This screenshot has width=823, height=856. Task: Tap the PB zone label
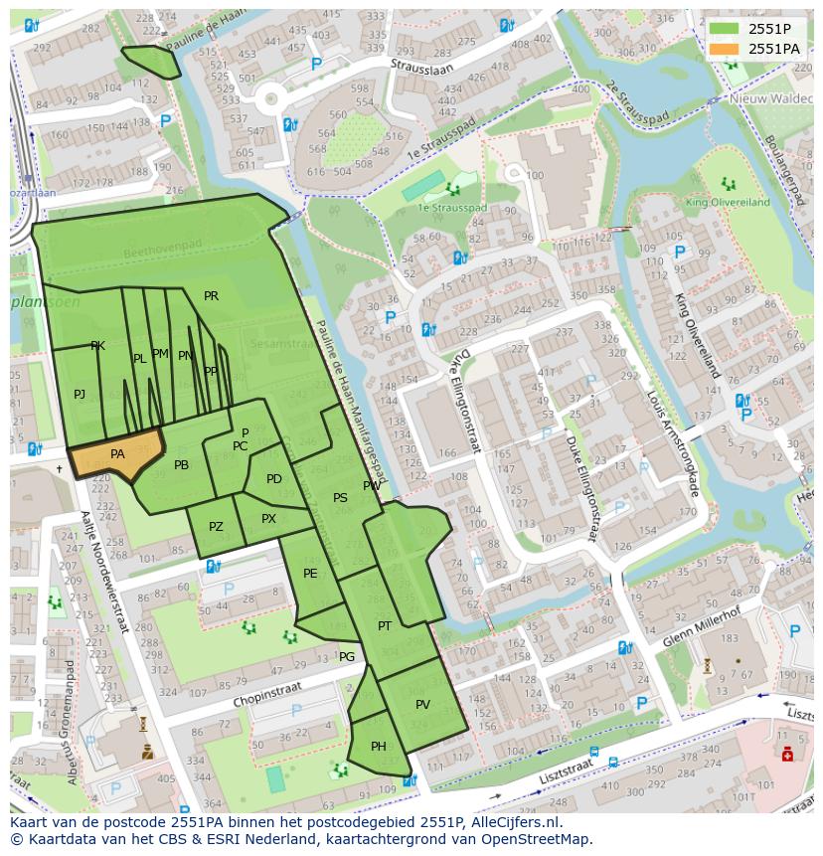[x=181, y=465]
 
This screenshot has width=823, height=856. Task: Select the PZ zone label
[x=216, y=527]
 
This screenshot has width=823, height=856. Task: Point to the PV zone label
[x=422, y=704]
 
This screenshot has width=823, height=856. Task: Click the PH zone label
[x=378, y=746]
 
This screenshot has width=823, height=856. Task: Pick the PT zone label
[x=385, y=625]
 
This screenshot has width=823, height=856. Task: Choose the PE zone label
[x=310, y=573]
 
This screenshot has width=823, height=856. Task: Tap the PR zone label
[x=211, y=296]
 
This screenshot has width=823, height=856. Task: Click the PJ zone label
[x=80, y=395]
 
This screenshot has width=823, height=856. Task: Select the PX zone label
[x=268, y=519]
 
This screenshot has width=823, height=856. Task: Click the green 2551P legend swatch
[x=724, y=29]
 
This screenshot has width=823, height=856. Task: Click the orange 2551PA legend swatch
[x=724, y=49]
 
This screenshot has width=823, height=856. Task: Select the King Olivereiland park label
[x=728, y=202]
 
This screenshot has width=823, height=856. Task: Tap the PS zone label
[x=340, y=498]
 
